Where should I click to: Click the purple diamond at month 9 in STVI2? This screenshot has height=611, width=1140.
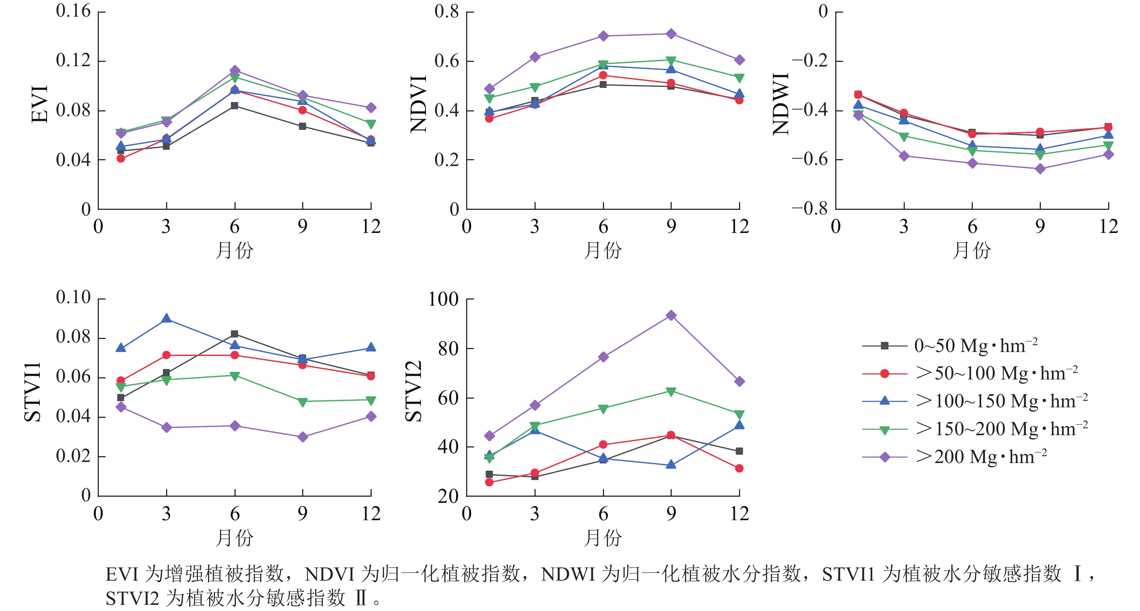click(671, 315)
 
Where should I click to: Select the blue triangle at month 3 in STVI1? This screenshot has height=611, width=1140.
click(166, 319)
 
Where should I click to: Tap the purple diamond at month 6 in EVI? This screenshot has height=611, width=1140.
click(235, 70)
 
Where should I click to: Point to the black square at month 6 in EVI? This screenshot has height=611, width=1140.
click(235, 106)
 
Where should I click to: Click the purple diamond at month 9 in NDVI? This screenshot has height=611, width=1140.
click(671, 34)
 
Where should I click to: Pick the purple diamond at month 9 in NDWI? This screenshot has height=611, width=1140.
click(1040, 169)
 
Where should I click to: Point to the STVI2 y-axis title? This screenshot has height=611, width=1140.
click(414, 391)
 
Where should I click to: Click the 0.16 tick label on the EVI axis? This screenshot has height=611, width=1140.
click(73, 11)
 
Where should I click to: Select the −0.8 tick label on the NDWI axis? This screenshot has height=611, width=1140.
click(810, 208)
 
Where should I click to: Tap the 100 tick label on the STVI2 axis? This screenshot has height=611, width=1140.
click(443, 300)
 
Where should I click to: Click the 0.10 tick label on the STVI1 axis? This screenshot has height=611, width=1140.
click(73, 297)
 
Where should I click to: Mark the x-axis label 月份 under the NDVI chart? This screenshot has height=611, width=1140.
click(603, 250)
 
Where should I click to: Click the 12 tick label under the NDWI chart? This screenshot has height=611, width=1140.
click(1109, 227)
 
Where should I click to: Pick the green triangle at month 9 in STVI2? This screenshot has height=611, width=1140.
click(671, 391)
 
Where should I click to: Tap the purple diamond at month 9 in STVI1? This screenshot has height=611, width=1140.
click(303, 437)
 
